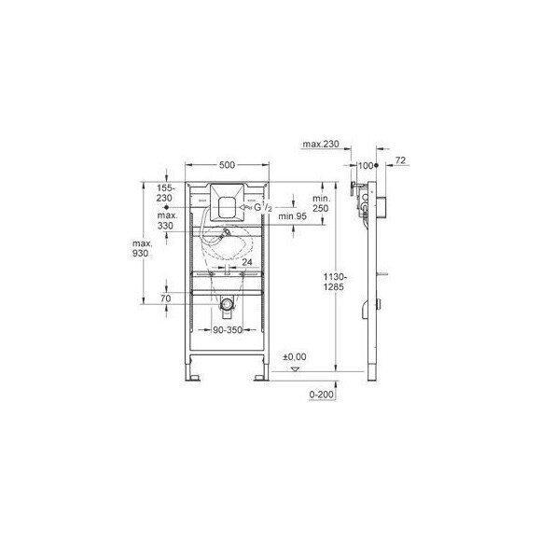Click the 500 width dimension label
click(x=227, y=165)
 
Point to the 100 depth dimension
click(x=365, y=165)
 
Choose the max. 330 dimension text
click(x=166, y=219)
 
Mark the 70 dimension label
click(x=166, y=298)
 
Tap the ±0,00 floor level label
click(x=295, y=356)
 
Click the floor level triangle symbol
click(x=296, y=370)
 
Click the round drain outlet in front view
click(x=227, y=305)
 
